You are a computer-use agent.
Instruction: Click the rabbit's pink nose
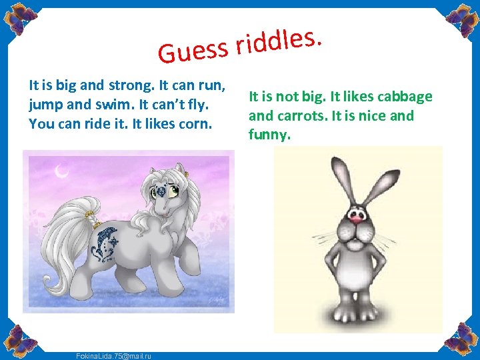coord(357,216)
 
